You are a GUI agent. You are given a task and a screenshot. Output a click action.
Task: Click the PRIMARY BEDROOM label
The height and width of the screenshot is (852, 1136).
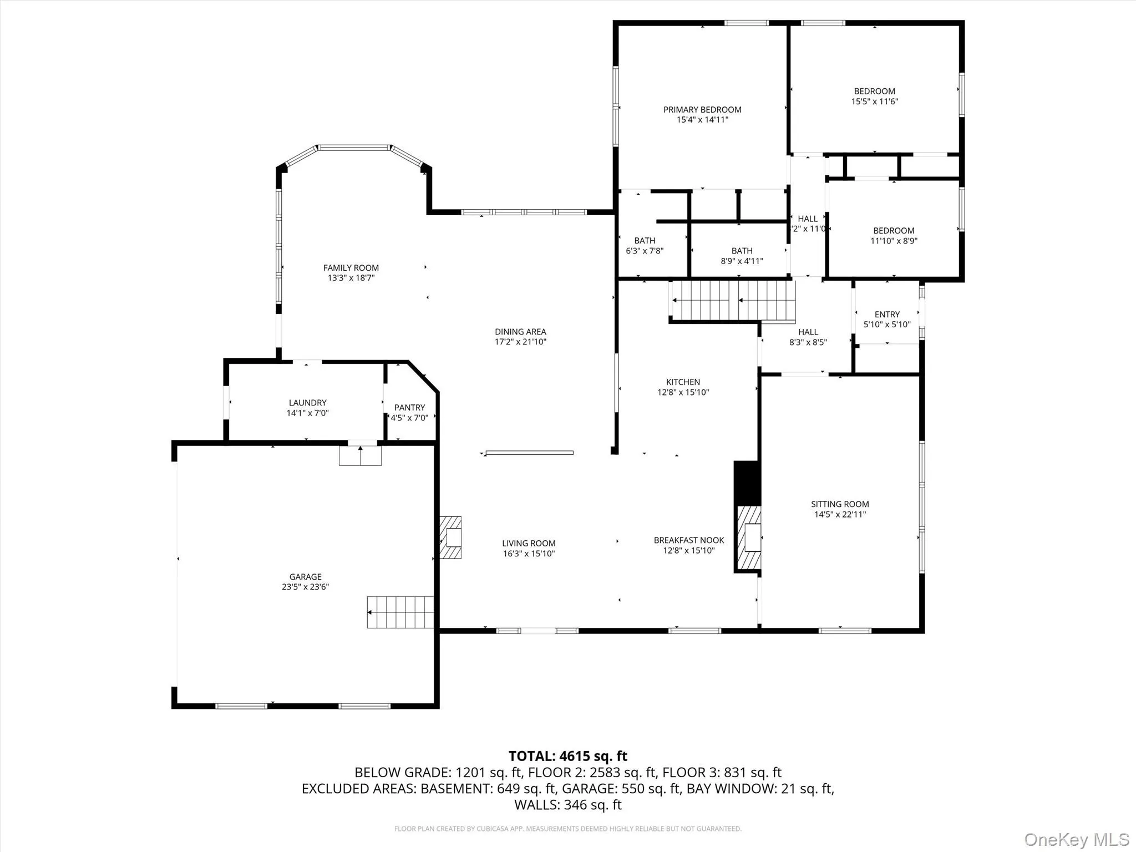point(702,110)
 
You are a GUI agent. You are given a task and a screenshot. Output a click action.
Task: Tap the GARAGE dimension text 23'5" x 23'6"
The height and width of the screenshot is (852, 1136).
point(305,587)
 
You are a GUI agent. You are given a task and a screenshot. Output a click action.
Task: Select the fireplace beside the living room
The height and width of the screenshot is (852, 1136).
point(451,537)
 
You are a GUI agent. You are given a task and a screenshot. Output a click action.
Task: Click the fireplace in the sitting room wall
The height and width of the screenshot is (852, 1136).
point(749,537)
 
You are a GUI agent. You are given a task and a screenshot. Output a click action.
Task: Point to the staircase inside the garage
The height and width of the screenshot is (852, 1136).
point(400,612)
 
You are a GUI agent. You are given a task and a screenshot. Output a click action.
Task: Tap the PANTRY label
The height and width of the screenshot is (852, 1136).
point(409,407)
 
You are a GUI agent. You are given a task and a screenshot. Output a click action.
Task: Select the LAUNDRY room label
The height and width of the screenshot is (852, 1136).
point(307,403)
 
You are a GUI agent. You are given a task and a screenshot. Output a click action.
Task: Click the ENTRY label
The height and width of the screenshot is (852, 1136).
point(887,314)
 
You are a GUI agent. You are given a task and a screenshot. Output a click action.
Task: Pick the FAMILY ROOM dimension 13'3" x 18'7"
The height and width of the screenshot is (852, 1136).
point(351,278)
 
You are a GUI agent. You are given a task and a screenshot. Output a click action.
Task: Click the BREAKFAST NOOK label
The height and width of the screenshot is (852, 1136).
point(689,540)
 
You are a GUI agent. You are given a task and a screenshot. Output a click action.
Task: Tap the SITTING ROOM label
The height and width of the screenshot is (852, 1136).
point(840,504)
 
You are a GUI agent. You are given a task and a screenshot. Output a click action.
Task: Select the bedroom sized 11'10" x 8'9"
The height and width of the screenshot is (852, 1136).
point(894,235)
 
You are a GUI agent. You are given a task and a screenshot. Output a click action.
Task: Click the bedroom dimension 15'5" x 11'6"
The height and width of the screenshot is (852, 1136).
point(875,102)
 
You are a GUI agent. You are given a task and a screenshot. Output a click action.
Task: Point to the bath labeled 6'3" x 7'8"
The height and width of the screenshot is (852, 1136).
point(645,245)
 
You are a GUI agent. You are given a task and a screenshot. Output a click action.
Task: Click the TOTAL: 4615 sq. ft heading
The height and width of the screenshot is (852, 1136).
point(567,756)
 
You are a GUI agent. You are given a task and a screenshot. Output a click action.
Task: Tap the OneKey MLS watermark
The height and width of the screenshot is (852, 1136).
point(1076,839)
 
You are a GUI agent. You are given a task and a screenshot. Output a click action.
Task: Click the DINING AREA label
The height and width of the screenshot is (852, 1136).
point(520,332)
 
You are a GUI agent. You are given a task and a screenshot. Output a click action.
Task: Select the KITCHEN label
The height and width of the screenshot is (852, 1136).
point(683,382)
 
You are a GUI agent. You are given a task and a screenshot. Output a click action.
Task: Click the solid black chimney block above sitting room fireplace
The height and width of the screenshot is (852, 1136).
point(747,483)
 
